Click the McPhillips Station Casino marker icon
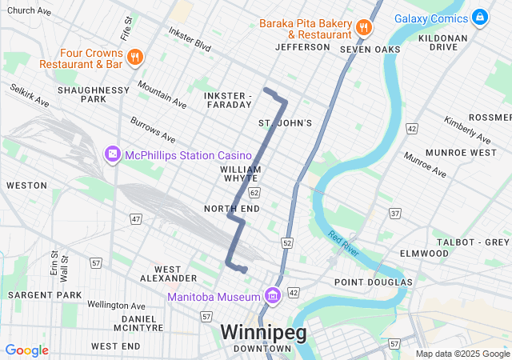[112, 154]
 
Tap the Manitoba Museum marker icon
[273, 297]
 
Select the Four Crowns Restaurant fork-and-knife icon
[135, 57]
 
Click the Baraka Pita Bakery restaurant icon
[363, 26]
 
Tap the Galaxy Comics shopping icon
[479, 16]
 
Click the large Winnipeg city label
[263, 332]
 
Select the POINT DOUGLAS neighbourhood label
[373, 282]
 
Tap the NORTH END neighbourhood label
[232, 209]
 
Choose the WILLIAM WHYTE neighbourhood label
[241, 174]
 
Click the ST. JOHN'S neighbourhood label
[285, 122]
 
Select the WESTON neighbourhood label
[26, 185]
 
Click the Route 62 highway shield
[254, 193]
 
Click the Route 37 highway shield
[394, 214]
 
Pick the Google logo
[26, 350]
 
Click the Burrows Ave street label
[153, 128]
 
